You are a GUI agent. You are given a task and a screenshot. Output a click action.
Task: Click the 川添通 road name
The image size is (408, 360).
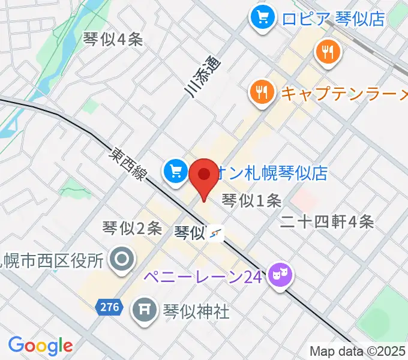[202, 75]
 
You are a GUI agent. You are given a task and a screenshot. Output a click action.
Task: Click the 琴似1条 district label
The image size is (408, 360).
[251, 200]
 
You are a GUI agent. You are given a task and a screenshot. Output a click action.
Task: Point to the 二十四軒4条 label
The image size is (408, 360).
[328, 222]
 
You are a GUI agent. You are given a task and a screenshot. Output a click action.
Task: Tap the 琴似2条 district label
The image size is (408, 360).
[132, 228]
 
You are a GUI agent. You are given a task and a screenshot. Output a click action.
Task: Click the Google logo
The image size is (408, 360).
[40, 346]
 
